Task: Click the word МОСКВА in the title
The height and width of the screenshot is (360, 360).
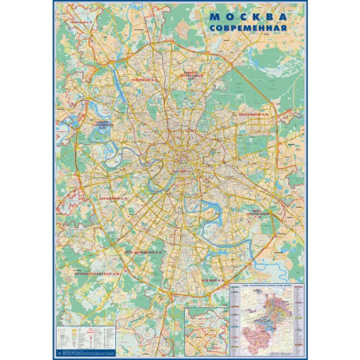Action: click(242, 15)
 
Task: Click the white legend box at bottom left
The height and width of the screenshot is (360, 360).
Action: click(88, 331)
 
